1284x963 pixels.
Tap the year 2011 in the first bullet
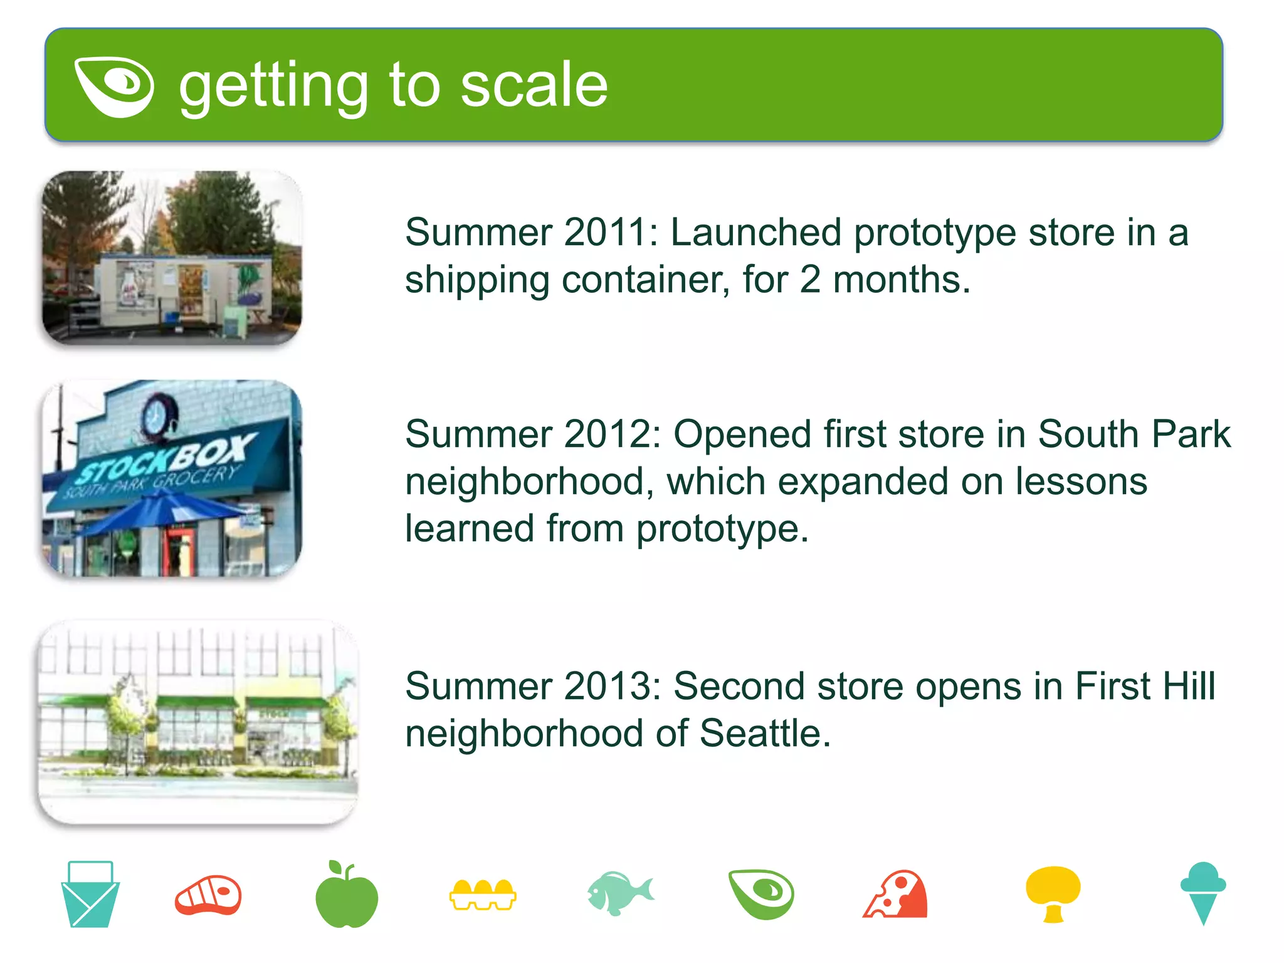click(x=605, y=233)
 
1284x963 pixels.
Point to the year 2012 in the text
click(x=605, y=434)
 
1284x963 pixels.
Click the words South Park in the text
click(x=1134, y=434)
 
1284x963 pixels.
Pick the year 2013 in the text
click(x=605, y=687)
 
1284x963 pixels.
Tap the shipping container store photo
click(x=172, y=258)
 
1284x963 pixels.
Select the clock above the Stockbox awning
click(x=154, y=414)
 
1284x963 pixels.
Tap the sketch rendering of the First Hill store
click(x=197, y=721)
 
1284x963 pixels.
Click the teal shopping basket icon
click(x=90, y=895)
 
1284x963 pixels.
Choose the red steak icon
click(x=208, y=895)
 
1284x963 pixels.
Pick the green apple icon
click(x=346, y=897)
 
